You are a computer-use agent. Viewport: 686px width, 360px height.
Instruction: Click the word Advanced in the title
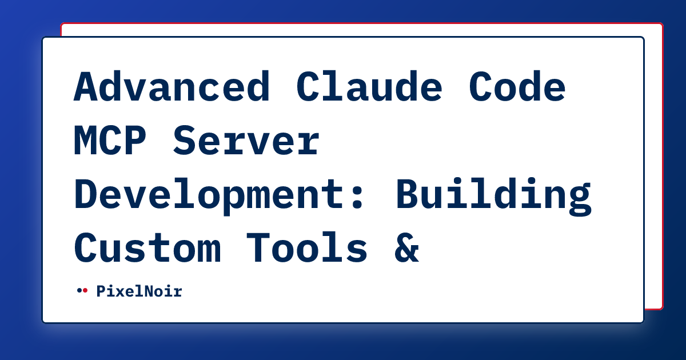click(x=171, y=87)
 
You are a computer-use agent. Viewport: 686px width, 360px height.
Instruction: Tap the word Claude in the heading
click(x=369, y=87)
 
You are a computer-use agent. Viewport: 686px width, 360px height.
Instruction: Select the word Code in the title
click(x=517, y=87)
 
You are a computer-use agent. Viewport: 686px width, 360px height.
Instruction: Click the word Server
click(x=246, y=141)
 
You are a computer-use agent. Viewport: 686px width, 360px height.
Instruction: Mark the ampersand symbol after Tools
click(x=406, y=248)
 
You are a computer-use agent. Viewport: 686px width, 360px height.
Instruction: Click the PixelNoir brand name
click(x=139, y=291)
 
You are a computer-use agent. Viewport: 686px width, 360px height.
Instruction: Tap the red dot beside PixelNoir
click(x=85, y=290)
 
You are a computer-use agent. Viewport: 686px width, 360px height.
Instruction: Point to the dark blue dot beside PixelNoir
click(x=79, y=290)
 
